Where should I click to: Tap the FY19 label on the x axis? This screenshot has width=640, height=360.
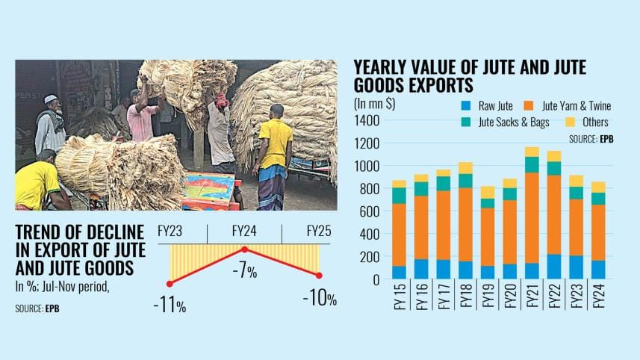[x=488, y=295]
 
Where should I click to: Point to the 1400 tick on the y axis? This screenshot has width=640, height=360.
[x=368, y=120]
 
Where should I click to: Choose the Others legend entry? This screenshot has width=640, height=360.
[x=594, y=122]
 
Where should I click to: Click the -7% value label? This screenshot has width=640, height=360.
[x=244, y=271]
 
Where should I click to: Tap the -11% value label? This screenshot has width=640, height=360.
[x=170, y=305]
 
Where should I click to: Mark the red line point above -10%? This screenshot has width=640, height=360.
[x=320, y=276]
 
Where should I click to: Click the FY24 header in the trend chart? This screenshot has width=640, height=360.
[x=244, y=230]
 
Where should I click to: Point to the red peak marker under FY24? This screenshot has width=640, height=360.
[x=244, y=248]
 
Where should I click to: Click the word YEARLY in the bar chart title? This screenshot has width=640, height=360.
[x=385, y=68]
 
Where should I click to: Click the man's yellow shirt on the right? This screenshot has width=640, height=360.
[x=276, y=143]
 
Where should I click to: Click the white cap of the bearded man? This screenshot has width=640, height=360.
[x=50, y=99]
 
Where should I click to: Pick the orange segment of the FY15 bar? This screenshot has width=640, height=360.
[x=400, y=235]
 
